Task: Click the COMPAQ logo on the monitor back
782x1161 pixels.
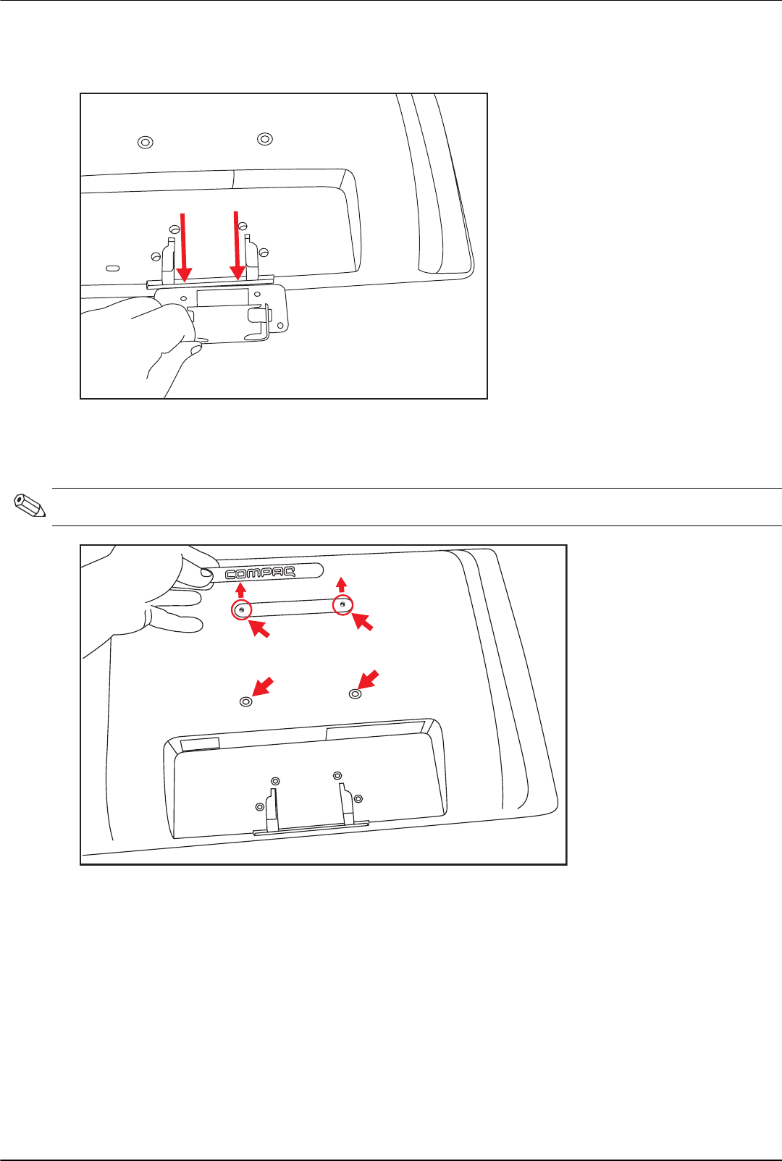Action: coord(261,573)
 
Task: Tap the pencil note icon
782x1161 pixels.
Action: coord(30,506)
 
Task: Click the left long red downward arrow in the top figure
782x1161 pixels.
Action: coord(183,248)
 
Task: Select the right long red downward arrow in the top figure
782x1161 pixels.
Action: coord(237,245)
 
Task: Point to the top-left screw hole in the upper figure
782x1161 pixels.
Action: coord(146,142)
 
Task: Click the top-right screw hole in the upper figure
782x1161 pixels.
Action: coord(265,139)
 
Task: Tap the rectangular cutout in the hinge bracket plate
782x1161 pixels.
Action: coord(222,297)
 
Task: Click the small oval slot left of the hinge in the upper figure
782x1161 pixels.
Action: coord(112,268)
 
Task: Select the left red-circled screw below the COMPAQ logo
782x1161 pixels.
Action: coord(242,610)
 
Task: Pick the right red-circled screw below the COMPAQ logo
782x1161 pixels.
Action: coord(342,605)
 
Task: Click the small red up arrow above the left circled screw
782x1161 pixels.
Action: coord(241,590)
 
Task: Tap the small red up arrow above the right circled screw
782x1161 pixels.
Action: coord(341,585)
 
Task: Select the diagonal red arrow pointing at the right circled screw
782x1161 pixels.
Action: coord(363,622)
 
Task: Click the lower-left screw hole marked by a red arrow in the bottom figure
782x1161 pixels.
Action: coord(246,702)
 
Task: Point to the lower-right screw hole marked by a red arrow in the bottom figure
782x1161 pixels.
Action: coord(356,694)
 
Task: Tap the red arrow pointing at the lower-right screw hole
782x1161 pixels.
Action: coord(369,680)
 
